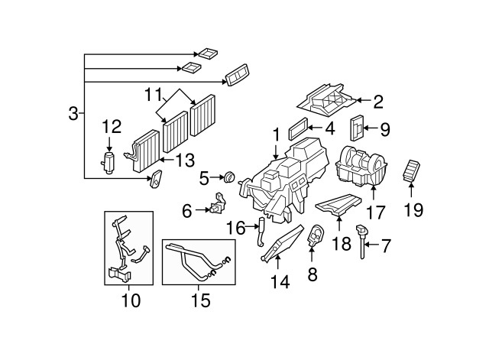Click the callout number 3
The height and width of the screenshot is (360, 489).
coord(72,115)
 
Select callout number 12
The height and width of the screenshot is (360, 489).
coord(112,125)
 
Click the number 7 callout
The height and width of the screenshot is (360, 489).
coord(386,245)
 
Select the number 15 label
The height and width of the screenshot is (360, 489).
coord(200,300)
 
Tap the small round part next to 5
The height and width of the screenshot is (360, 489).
coord(228,178)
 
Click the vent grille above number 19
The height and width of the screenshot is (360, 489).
coord(413,170)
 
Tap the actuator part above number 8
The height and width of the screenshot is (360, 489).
coord(314,236)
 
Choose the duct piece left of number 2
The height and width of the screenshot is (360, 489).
coord(325,98)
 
